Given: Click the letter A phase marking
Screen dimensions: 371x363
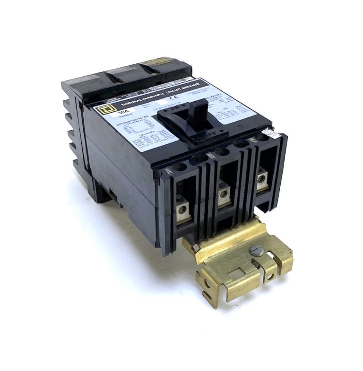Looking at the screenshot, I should pos(169,172).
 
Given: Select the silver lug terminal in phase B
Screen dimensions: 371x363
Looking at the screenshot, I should pos(224,192).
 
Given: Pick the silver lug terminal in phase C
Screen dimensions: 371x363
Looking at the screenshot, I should pos(261,179).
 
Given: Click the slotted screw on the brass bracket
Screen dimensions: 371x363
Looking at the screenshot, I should pos(257,251).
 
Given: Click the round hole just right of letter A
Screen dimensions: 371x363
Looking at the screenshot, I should pos(180,167).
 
